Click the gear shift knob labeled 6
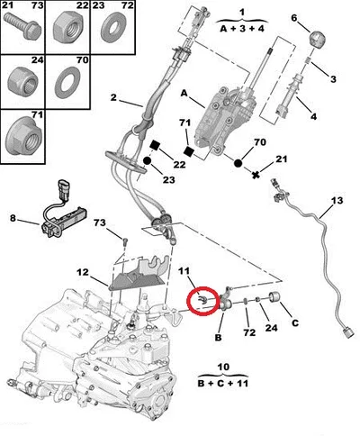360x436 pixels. [x=318, y=39]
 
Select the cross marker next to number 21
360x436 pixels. [x=256, y=175]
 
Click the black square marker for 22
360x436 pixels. [x=155, y=145]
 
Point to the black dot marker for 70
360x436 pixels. [x=238, y=163]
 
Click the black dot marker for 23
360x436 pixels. [x=147, y=160]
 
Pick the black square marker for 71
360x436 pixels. [x=189, y=151]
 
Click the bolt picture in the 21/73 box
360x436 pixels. [x=22, y=26]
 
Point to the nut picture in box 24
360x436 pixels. [x=22, y=82]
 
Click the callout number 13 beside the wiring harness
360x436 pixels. [x=337, y=201]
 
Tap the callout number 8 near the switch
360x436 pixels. [x=13, y=218]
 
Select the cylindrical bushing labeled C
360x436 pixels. [x=275, y=296]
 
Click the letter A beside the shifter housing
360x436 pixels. [x=184, y=94]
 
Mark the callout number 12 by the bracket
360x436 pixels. [x=83, y=272]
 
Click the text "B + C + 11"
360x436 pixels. [x=223, y=384]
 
